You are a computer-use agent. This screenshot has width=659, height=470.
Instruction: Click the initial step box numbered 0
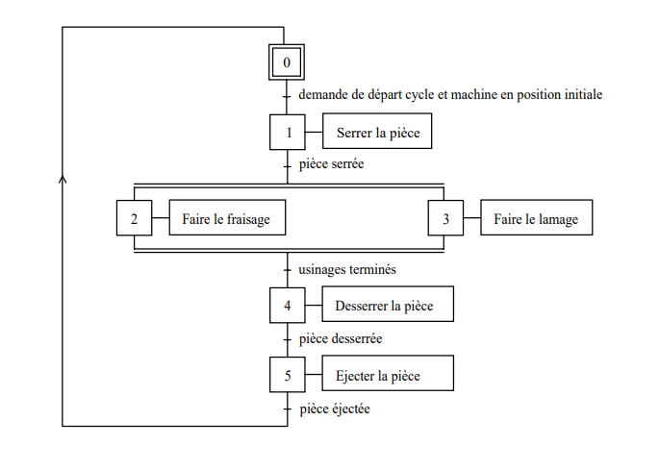[287, 63]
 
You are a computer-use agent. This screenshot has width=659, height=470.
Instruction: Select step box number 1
[287, 132]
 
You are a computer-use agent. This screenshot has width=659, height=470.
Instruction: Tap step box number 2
[134, 218]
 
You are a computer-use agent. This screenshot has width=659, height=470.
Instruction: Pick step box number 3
[445, 218]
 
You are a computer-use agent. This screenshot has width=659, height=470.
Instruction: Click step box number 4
[287, 306]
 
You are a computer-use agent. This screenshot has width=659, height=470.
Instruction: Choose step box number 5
[287, 374]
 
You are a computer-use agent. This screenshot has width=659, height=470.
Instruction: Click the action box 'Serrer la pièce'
[377, 132]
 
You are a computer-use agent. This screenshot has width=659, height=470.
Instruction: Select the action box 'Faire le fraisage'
[226, 218]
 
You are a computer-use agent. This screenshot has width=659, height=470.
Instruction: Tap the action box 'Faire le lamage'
[536, 218]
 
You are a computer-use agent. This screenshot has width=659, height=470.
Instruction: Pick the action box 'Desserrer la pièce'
[384, 306]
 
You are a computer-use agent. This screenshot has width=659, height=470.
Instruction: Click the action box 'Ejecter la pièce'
[377, 374]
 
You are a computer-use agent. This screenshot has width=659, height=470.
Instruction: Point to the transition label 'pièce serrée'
[331, 164]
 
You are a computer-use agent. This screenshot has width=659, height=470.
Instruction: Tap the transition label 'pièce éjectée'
[334, 408]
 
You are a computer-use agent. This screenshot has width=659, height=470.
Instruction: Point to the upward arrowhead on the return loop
[63, 179]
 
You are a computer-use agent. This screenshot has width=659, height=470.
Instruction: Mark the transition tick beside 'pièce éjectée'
[287, 408]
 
